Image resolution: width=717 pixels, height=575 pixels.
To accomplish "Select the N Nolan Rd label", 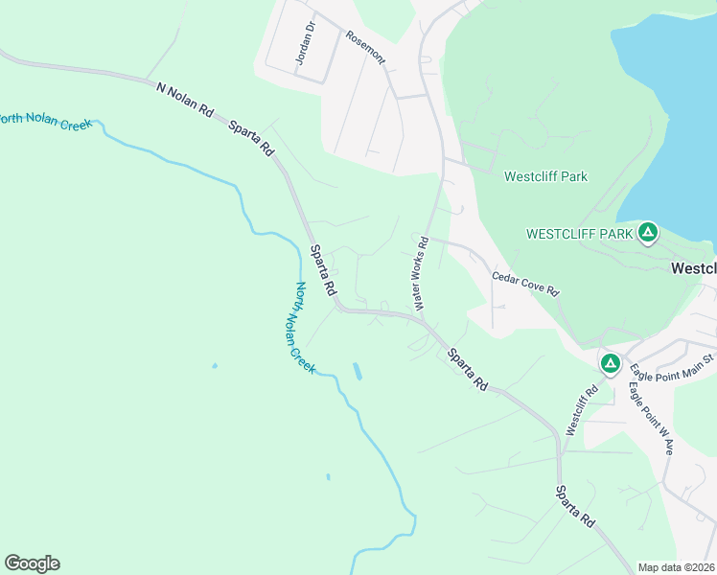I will pyautogui.click(x=185, y=99).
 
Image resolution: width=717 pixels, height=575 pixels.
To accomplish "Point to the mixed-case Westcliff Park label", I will pyautogui.click(x=545, y=176).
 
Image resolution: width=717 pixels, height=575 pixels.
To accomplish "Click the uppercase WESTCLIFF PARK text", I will pyautogui.click(x=580, y=234).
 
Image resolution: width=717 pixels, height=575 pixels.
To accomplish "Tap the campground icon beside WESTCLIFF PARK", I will pyautogui.click(x=649, y=232).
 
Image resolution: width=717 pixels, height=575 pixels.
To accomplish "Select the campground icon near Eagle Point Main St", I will pyautogui.click(x=610, y=363).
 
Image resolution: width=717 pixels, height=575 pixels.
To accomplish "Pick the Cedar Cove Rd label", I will pyautogui.click(x=525, y=283).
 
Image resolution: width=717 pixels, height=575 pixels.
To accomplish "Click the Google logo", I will pyautogui.click(x=32, y=563).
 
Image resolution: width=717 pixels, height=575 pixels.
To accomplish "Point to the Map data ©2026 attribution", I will pyautogui.click(x=676, y=567).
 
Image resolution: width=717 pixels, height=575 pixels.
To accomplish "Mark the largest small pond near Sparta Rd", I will pyautogui.click(x=358, y=371).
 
